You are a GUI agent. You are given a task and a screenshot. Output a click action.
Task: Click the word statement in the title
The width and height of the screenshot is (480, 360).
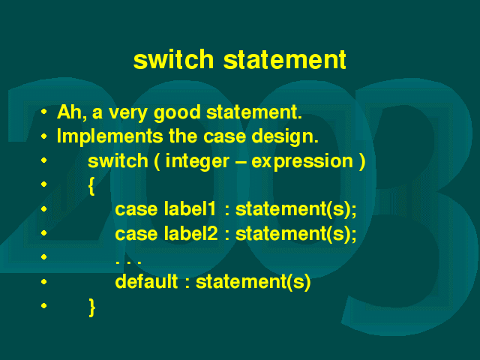[285, 59]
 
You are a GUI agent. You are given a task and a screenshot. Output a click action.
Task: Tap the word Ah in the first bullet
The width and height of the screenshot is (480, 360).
[70, 112]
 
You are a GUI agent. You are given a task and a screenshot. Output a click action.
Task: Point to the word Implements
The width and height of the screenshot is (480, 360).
[110, 136]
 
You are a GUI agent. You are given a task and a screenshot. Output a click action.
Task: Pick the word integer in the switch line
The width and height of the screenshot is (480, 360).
[197, 162]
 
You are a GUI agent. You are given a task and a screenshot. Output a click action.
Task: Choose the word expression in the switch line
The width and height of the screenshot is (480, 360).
[302, 162]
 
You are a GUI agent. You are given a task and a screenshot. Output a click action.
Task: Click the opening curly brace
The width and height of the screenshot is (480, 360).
[91, 186]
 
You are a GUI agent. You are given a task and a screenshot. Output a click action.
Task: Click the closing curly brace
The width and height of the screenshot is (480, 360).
[91, 307]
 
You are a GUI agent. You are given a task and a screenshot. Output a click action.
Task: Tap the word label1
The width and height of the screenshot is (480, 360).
[190, 209]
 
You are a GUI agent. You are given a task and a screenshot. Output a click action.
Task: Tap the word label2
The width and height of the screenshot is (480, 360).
[190, 233]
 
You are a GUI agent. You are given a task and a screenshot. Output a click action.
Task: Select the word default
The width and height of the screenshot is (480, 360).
[146, 281]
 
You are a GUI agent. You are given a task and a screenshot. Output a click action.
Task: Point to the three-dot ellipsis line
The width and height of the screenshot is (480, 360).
[128, 262]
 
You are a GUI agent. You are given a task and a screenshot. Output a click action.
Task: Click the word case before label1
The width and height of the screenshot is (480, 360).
[136, 211]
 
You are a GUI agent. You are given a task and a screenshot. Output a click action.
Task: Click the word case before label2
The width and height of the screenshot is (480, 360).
[136, 235]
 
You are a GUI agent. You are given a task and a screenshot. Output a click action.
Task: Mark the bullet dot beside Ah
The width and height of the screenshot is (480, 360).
[43, 112]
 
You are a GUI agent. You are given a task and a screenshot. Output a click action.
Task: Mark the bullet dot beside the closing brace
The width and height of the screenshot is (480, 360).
[43, 305]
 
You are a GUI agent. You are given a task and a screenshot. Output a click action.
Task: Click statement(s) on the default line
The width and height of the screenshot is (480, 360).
[253, 282]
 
